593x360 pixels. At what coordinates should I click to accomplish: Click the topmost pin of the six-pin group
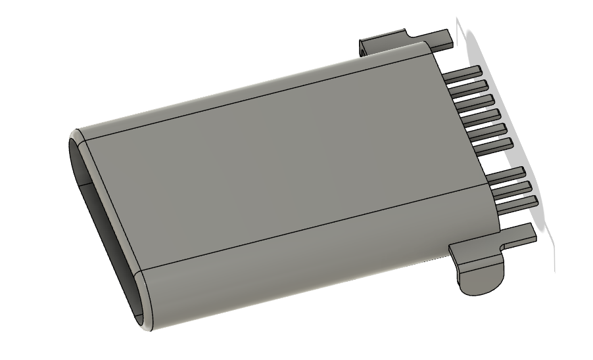pos(464,73)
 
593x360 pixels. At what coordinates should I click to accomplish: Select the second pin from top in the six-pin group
pos(469,87)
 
